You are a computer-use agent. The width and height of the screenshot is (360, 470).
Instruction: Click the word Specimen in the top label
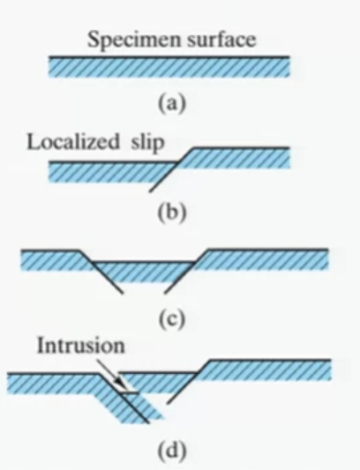[x=135, y=41]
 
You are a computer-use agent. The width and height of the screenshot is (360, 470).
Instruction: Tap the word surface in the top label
[x=221, y=39]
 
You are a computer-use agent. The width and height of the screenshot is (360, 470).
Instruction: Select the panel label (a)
[x=172, y=104]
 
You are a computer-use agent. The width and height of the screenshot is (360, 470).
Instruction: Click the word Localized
[x=73, y=141]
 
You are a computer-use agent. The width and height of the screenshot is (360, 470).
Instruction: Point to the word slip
[x=147, y=143]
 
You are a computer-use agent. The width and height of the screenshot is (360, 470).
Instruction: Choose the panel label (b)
[x=172, y=213]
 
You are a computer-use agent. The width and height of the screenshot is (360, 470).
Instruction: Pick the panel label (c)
[x=171, y=319]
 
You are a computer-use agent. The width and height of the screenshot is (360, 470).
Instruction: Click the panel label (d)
[x=171, y=451]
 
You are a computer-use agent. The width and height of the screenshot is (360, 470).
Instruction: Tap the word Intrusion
[x=80, y=346]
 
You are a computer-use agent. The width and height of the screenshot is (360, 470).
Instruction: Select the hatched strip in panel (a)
[x=169, y=67]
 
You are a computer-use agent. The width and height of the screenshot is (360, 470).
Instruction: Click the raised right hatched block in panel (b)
[x=234, y=158]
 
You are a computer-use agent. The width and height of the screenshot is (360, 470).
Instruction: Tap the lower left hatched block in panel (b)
[x=111, y=172]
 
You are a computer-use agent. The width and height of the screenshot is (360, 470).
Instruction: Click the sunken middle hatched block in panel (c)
[x=145, y=272]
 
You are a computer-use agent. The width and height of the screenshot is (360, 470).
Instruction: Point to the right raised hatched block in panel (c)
[x=264, y=259]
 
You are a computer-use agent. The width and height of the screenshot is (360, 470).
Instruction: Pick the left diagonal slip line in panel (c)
[x=101, y=272]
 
